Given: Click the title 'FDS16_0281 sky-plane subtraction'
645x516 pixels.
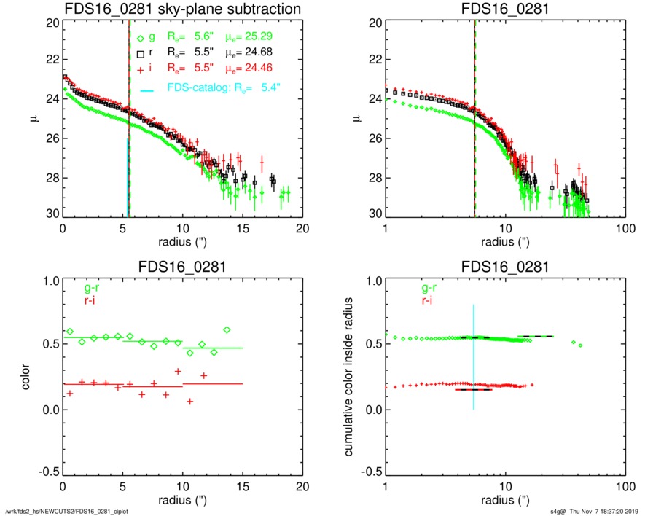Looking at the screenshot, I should [183, 10].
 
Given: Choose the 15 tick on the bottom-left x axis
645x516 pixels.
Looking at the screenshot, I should [243, 486].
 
